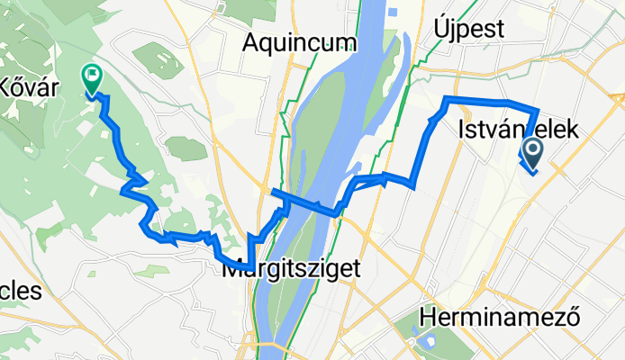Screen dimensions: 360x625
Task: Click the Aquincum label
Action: tap(300, 42)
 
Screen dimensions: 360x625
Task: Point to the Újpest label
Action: tap(471, 28)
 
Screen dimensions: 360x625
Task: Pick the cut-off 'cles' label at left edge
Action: tap(20, 292)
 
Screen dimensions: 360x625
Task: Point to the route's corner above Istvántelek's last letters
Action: tap(538, 108)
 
